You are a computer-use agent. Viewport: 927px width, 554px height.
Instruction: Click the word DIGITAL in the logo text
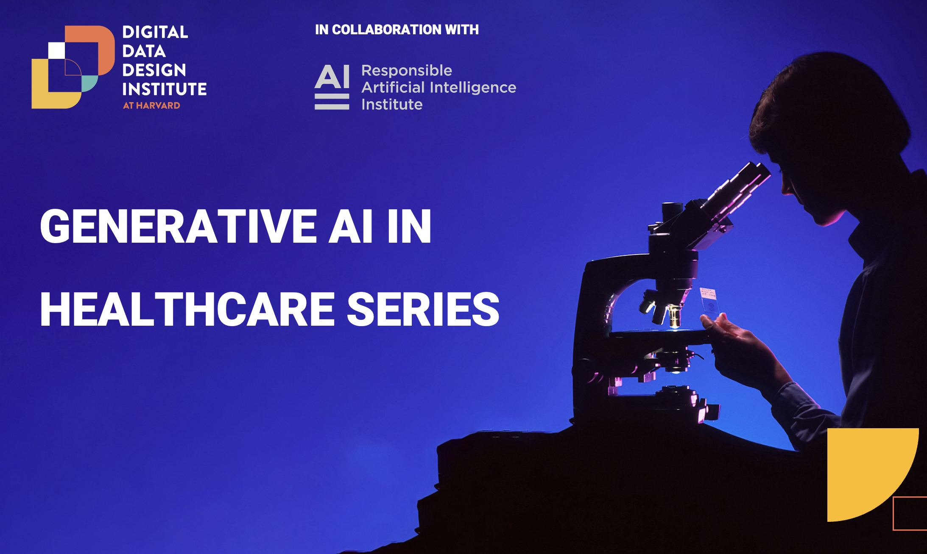coord(155,32)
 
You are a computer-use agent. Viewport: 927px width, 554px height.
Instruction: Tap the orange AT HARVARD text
coord(151,105)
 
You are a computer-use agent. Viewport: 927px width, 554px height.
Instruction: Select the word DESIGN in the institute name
coord(154,70)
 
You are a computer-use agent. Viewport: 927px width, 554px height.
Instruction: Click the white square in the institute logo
coord(56,50)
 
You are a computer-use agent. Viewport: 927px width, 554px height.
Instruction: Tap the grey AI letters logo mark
coord(332,87)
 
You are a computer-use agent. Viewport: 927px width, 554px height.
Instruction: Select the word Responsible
coord(407,71)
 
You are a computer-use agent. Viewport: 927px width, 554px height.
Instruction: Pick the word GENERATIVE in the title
coord(179,227)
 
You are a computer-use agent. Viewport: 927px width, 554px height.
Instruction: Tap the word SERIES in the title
coord(423,310)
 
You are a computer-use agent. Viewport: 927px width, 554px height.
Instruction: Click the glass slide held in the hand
coord(709,300)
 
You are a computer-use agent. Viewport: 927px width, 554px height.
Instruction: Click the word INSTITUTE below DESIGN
coord(165,89)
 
